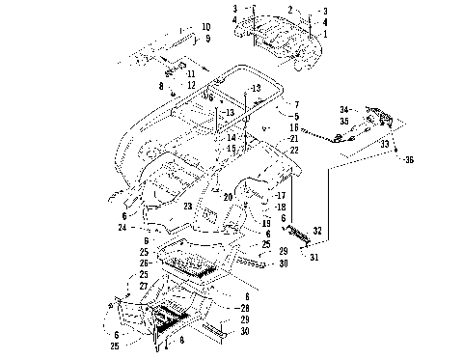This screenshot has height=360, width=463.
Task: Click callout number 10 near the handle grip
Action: [205, 27]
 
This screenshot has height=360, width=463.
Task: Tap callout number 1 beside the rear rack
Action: [325, 34]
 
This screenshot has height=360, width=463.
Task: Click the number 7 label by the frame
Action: [297, 103]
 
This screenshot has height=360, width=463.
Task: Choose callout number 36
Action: [408, 159]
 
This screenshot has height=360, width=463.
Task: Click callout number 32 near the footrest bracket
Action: [319, 232]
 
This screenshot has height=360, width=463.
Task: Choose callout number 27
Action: [143, 287]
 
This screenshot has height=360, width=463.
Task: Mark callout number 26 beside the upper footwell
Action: [143, 263]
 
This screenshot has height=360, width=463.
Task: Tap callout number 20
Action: [230, 197]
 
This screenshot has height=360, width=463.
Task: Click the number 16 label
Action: [294, 126]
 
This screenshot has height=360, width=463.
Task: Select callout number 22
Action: [294, 150]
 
